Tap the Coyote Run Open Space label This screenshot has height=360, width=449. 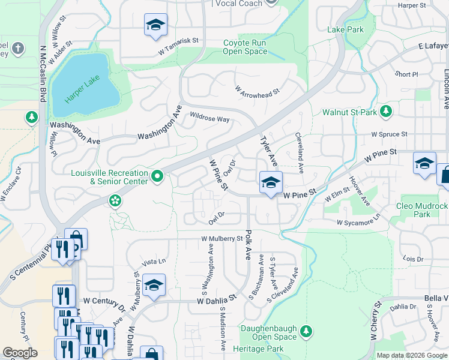coord(244,47)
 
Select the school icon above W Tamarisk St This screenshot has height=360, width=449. coord(155,25)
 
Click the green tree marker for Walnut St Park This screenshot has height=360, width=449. coord(386,112)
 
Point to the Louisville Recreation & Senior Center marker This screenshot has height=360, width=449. coord(157,176)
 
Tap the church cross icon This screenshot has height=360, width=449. coord(18,47)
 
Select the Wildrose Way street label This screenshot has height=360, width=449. coord(209,119)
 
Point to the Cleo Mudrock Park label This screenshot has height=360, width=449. coord(422,210)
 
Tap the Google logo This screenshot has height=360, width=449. coord(20,353)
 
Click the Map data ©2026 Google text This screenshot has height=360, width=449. coord(411,355)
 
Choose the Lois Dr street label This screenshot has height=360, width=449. coord(414,259)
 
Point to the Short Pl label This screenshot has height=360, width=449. coord(406,74)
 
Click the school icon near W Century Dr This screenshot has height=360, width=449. coord(154,286)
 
